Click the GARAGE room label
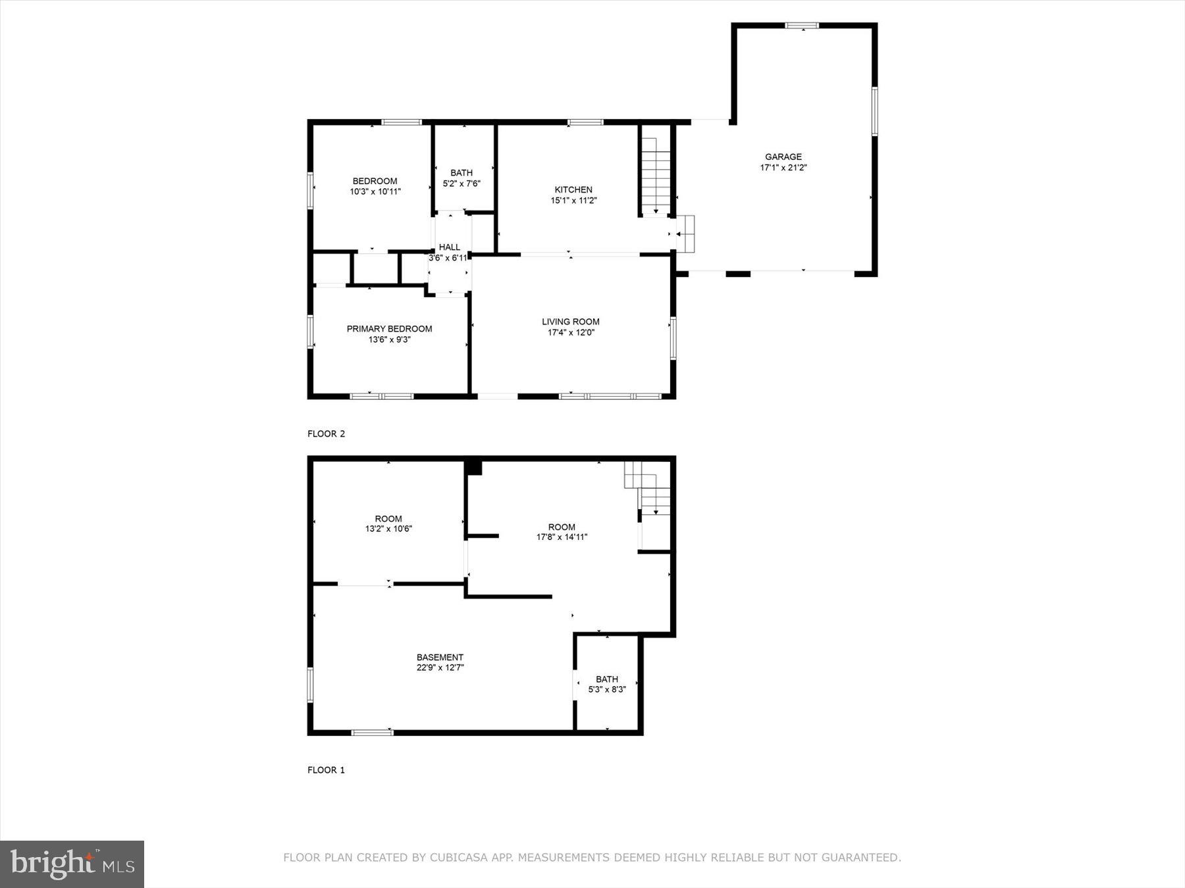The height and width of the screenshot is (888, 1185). (x=783, y=157)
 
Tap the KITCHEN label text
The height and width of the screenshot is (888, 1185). (x=573, y=189)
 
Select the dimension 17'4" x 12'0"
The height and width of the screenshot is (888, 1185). (x=571, y=333)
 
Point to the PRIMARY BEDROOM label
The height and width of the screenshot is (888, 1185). (x=389, y=329)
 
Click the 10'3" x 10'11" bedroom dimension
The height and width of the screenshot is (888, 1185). (x=375, y=192)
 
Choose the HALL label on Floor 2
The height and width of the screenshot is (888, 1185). (x=450, y=247)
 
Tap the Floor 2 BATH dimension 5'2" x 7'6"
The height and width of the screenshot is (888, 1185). (x=461, y=184)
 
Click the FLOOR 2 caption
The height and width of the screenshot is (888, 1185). (x=326, y=433)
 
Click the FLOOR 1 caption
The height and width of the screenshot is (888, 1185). (x=326, y=770)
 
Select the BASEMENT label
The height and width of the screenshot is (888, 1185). (x=440, y=657)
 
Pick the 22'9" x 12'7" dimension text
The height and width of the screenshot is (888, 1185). (x=440, y=668)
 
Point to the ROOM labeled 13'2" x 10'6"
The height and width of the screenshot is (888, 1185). (x=388, y=518)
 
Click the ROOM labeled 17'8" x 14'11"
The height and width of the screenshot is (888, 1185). (x=562, y=527)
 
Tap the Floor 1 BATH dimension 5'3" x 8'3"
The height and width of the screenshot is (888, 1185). (x=607, y=690)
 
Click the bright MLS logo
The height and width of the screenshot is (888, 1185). (x=72, y=864)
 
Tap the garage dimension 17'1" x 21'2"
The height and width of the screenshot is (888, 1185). (x=783, y=168)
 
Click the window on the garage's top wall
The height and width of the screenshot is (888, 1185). (x=802, y=26)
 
